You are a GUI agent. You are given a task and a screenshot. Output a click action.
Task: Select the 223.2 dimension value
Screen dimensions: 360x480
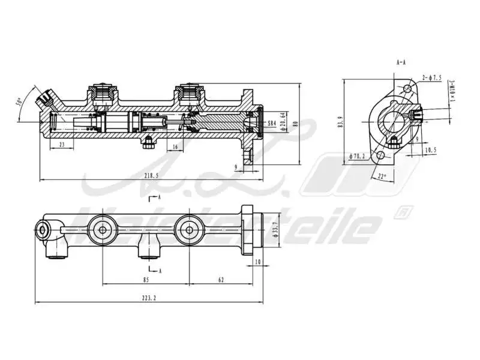pos(149,298)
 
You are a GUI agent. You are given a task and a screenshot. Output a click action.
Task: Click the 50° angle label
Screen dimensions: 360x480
pos(20,103)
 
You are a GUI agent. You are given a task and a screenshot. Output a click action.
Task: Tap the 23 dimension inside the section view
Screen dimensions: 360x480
pos(62,145)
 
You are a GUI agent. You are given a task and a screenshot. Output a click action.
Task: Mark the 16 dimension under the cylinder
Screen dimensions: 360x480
pos(175,146)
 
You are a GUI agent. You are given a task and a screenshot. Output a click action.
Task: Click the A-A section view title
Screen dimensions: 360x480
pos(402,62)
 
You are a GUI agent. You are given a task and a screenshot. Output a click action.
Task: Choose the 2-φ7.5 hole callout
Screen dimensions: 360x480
pos(431,78)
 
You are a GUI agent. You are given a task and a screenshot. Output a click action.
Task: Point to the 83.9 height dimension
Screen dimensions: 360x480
pos(340,123)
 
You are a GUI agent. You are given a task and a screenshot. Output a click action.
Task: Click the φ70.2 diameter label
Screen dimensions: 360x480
pos(358,157)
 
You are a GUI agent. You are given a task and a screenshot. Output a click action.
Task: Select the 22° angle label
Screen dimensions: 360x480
pos(382,176)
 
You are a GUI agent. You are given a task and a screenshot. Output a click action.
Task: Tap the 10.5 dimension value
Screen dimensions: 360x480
pos(430,149)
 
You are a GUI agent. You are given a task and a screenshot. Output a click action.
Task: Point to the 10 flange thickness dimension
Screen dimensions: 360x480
pos(257,262)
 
